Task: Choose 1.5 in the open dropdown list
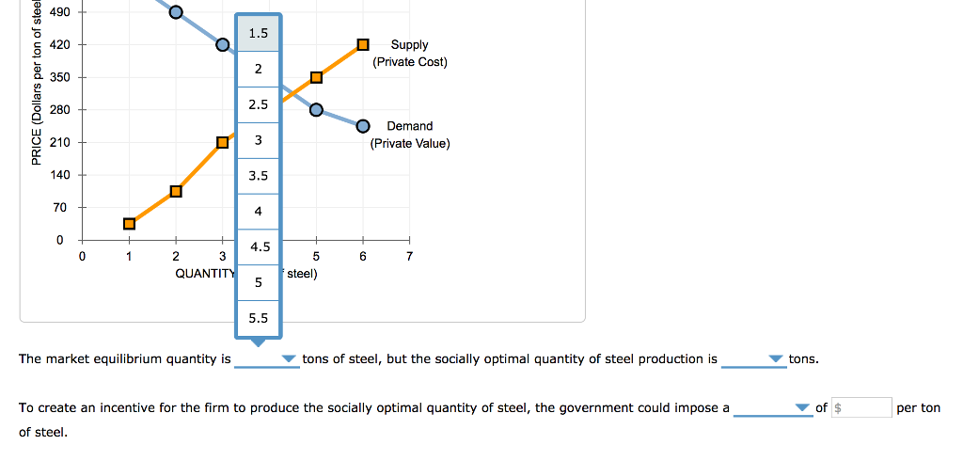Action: pos(258,34)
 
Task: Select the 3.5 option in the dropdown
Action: pos(258,176)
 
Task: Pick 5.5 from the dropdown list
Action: pos(258,318)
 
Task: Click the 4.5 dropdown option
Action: pos(258,247)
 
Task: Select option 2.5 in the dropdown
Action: pos(258,104)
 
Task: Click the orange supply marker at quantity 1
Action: pos(129,223)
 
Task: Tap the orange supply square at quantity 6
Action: pos(363,44)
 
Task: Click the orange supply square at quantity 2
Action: pos(176,191)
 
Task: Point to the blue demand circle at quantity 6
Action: pos(363,126)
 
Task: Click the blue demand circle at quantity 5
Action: pos(316,110)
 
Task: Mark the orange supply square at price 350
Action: pos(316,77)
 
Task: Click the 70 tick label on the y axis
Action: pos(59,207)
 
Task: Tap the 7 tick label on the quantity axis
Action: pos(409,256)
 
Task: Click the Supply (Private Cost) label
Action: pos(409,53)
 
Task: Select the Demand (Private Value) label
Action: pos(409,135)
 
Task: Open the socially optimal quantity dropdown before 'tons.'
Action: pos(753,359)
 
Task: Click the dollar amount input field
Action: pos(861,407)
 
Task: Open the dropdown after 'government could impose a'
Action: pos(772,407)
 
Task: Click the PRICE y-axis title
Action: pos(36,85)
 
